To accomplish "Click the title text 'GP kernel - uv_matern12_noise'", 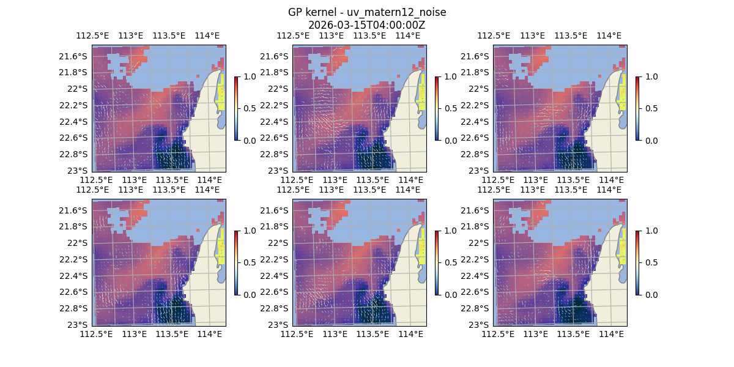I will (366, 12).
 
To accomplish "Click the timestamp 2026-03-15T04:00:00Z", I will (366, 25).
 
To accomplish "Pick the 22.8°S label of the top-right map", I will (478, 154).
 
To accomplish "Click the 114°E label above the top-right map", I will (609, 35).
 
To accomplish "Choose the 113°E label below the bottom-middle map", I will (335, 334).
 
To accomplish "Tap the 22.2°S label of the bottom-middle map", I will (277, 259).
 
